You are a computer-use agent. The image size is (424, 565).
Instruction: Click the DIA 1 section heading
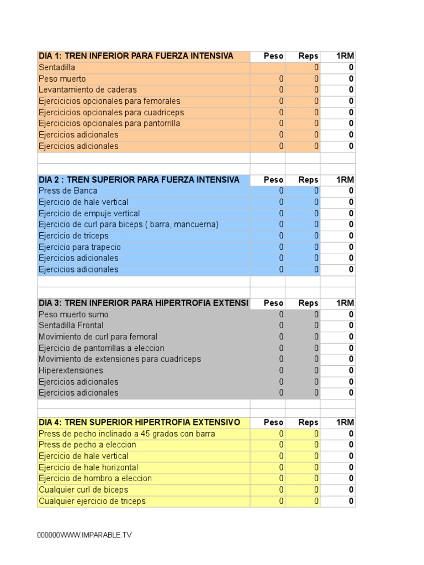tap(136, 56)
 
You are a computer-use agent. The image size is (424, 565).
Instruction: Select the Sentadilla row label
tap(57, 67)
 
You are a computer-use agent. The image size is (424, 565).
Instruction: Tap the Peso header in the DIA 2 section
tap(273, 180)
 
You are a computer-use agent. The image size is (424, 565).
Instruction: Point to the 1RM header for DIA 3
tap(345, 303)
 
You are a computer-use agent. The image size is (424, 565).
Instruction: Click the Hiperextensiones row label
tap(71, 370)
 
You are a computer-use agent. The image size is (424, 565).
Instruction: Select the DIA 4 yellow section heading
tap(139, 422)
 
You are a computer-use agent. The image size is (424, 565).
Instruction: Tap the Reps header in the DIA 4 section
tap(308, 422)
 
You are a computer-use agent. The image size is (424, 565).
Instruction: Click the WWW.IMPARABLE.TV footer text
tap(84, 535)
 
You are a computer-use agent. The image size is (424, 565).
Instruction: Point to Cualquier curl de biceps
tap(83, 489)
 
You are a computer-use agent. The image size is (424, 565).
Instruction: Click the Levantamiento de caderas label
tap(88, 90)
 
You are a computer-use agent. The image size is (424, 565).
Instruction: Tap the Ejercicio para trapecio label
tap(79, 247)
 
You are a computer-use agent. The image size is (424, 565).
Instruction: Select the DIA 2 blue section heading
tap(139, 180)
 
